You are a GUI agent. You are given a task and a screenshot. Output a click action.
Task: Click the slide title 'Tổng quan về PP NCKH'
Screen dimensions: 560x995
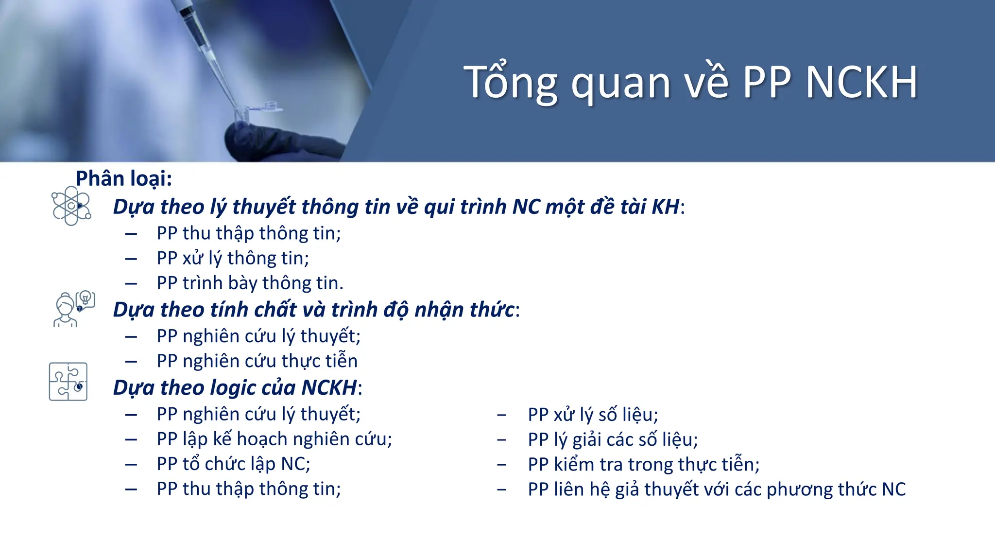coord(690,83)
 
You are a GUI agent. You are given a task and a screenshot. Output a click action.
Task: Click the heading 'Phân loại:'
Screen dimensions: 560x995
coord(124,178)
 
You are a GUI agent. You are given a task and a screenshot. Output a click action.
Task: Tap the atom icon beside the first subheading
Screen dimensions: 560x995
coord(71,206)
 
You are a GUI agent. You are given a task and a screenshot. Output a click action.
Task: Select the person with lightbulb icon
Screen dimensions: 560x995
coord(73,309)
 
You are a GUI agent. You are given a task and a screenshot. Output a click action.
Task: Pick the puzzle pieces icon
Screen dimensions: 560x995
coord(68,382)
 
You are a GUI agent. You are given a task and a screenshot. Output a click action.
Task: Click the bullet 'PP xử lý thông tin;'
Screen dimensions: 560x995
coord(233,258)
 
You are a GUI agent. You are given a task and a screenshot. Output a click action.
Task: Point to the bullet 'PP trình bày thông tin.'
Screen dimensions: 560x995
coord(250,283)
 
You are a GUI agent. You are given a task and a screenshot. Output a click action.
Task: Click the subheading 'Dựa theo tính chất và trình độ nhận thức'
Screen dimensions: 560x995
coord(313,310)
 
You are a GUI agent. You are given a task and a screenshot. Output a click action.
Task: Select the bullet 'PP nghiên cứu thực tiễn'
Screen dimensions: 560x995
coord(257,361)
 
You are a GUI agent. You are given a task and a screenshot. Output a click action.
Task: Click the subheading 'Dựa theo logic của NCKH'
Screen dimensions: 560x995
coord(236,388)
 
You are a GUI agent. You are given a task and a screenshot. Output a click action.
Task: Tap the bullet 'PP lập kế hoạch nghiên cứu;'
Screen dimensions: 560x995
coord(274,439)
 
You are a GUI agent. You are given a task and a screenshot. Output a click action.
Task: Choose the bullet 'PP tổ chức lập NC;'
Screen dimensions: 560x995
coord(233,464)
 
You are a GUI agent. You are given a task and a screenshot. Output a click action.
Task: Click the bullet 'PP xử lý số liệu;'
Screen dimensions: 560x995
coord(593,415)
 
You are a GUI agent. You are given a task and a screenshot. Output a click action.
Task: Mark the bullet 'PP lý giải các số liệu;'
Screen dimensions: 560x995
coord(613,439)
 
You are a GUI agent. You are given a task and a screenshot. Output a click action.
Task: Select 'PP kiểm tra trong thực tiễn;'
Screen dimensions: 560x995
coord(644,464)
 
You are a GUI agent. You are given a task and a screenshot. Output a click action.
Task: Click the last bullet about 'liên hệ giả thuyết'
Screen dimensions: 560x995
coord(717,490)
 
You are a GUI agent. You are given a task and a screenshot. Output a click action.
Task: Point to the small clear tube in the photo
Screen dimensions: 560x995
coord(243,114)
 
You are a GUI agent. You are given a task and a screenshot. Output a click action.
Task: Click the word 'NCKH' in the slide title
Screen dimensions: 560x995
coord(861,83)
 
